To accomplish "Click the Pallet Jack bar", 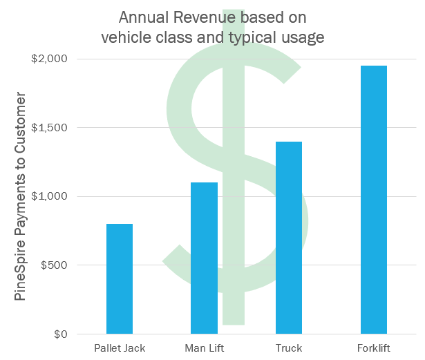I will [x=120, y=278].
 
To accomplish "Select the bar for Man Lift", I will [x=204, y=258].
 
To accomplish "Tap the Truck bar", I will [x=289, y=238].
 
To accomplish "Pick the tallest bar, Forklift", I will [x=374, y=200].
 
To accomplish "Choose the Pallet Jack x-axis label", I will [x=120, y=348].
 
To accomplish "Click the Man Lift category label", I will [x=204, y=348].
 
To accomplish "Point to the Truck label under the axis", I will [x=289, y=348].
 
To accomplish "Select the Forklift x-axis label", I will [x=374, y=348].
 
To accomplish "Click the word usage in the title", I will [x=300, y=37].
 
